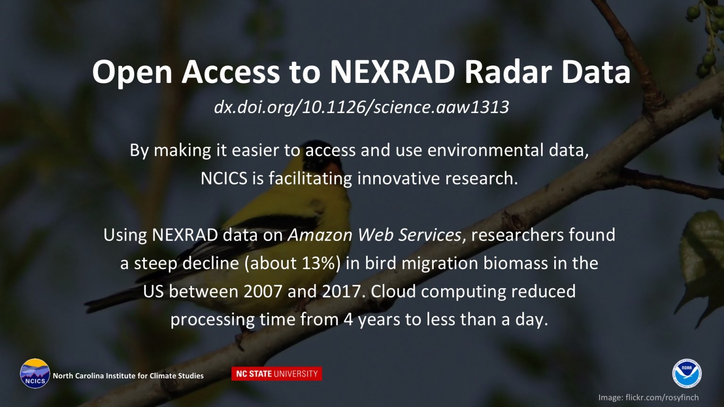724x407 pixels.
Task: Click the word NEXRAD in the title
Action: pos(392,72)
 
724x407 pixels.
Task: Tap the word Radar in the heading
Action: pos(508,72)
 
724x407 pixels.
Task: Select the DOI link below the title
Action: pos(362,107)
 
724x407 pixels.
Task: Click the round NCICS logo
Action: pos(35,374)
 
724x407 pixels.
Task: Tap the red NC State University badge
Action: pos(277,374)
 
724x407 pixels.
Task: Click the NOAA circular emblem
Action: pos(687,373)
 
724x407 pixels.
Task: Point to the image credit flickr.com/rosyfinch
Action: pos(662,397)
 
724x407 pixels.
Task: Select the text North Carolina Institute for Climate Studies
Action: pos(128,375)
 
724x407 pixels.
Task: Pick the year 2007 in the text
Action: pos(263,292)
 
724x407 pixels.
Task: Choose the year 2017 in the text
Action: pos(341,292)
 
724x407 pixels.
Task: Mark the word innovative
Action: pos(398,179)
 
